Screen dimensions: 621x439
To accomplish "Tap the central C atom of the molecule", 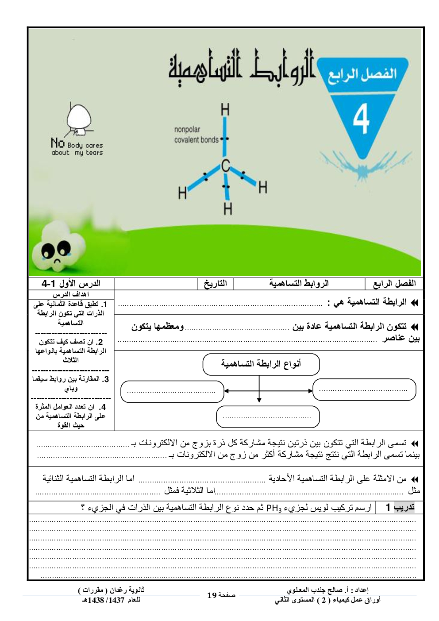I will coord(226,166).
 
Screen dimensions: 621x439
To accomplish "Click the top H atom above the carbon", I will coord(225,109).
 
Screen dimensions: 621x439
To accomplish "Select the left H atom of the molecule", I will coord(182,193).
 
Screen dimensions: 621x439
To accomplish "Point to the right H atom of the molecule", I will coord(263,187).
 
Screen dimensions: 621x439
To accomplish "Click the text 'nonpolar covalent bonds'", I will coord(196,135).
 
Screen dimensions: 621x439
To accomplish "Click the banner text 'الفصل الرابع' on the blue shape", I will coord(362,74).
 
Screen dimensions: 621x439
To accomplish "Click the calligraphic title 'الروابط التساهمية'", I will coord(241,66).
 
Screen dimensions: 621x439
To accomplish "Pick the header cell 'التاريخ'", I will coord(216,283).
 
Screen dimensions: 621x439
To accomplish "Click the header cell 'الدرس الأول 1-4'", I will coord(71,283).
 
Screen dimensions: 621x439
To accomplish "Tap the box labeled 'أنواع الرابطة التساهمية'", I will coord(261,364).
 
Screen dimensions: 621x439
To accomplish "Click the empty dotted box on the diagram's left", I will coord(172,391).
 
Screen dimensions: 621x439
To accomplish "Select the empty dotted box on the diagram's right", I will coord(364,390).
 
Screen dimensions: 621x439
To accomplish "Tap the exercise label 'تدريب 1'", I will coord(400,507).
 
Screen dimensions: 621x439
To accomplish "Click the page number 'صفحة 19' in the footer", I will coord(221,595).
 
